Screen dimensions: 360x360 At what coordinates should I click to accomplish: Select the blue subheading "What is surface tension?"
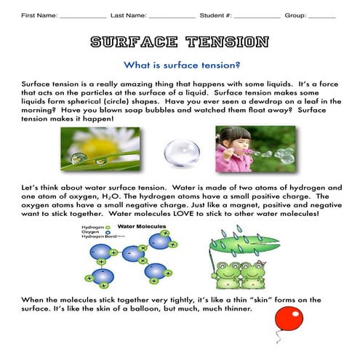tap(180, 65)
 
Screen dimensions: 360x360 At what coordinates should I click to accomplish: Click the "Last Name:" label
tap(127, 15)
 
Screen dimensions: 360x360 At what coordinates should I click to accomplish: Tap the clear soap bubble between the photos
tap(181, 153)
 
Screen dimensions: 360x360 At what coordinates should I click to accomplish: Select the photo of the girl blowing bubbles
tap(255, 149)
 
